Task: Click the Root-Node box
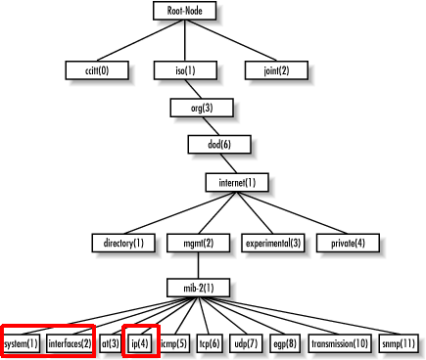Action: click(185, 11)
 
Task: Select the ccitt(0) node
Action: click(97, 70)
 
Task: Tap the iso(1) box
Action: click(185, 70)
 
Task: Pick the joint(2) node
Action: click(276, 70)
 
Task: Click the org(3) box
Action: click(202, 108)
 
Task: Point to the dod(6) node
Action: click(219, 144)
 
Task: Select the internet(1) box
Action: click(237, 183)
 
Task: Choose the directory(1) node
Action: click(123, 243)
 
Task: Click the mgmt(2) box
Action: click(198, 243)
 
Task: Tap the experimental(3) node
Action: click(273, 243)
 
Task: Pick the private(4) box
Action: click(348, 243)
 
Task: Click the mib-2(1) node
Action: click(198, 288)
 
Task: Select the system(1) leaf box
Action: click(22, 343)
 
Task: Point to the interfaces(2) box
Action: click(70, 343)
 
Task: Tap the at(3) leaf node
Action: click(110, 343)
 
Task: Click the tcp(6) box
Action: click(210, 343)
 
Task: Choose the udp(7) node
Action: click(246, 343)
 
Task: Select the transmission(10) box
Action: click(340, 343)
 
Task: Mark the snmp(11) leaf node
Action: click(399, 343)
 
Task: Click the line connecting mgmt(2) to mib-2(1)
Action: click(198, 265)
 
